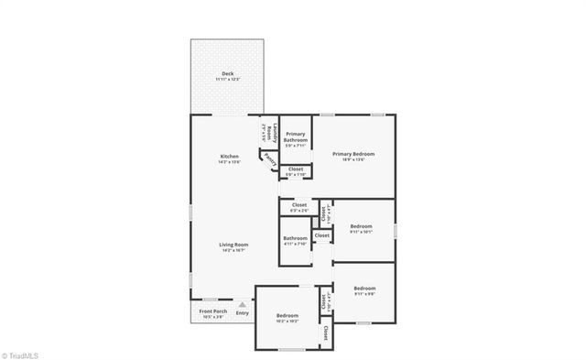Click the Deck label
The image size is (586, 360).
click(x=226, y=73)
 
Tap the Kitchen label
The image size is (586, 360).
click(x=229, y=156)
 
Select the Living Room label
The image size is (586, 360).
click(x=233, y=245)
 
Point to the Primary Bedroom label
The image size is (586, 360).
click(x=353, y=154)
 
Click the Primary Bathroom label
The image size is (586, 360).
click(x=296, y=136)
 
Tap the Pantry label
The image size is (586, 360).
click(x=269, y=159)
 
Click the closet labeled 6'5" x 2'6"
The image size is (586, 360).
click(x=299, y=207)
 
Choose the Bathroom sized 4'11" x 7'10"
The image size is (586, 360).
click(x=296, y=242)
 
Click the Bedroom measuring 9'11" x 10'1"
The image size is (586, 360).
click(x=361, y=228)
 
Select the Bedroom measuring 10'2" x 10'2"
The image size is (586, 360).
click(x=288, y=318)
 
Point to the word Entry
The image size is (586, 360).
click(x=242, y=313)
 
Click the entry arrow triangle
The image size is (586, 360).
click(x=242, y=304)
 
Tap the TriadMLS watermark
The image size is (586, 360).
click(x=22, y=354)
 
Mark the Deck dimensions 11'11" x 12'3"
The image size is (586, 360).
click(x=226, y=80)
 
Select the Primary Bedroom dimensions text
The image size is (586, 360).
click(x=353, y=159)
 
